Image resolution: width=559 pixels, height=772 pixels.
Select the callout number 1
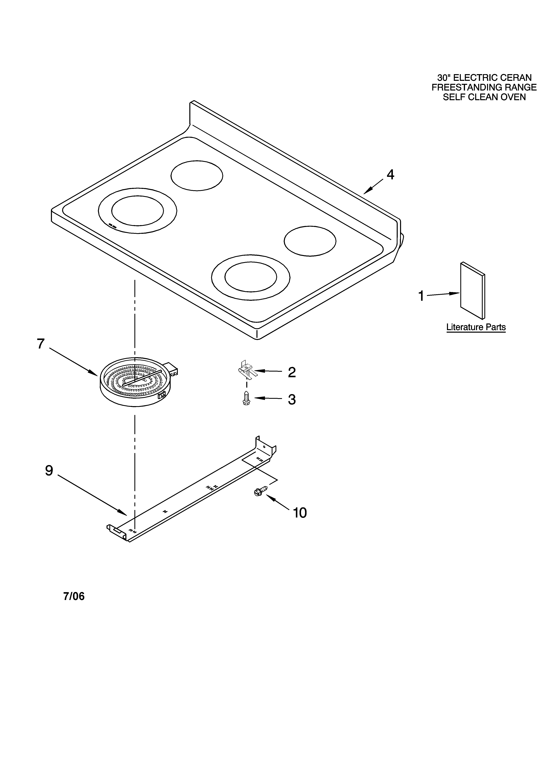pos(421,296)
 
